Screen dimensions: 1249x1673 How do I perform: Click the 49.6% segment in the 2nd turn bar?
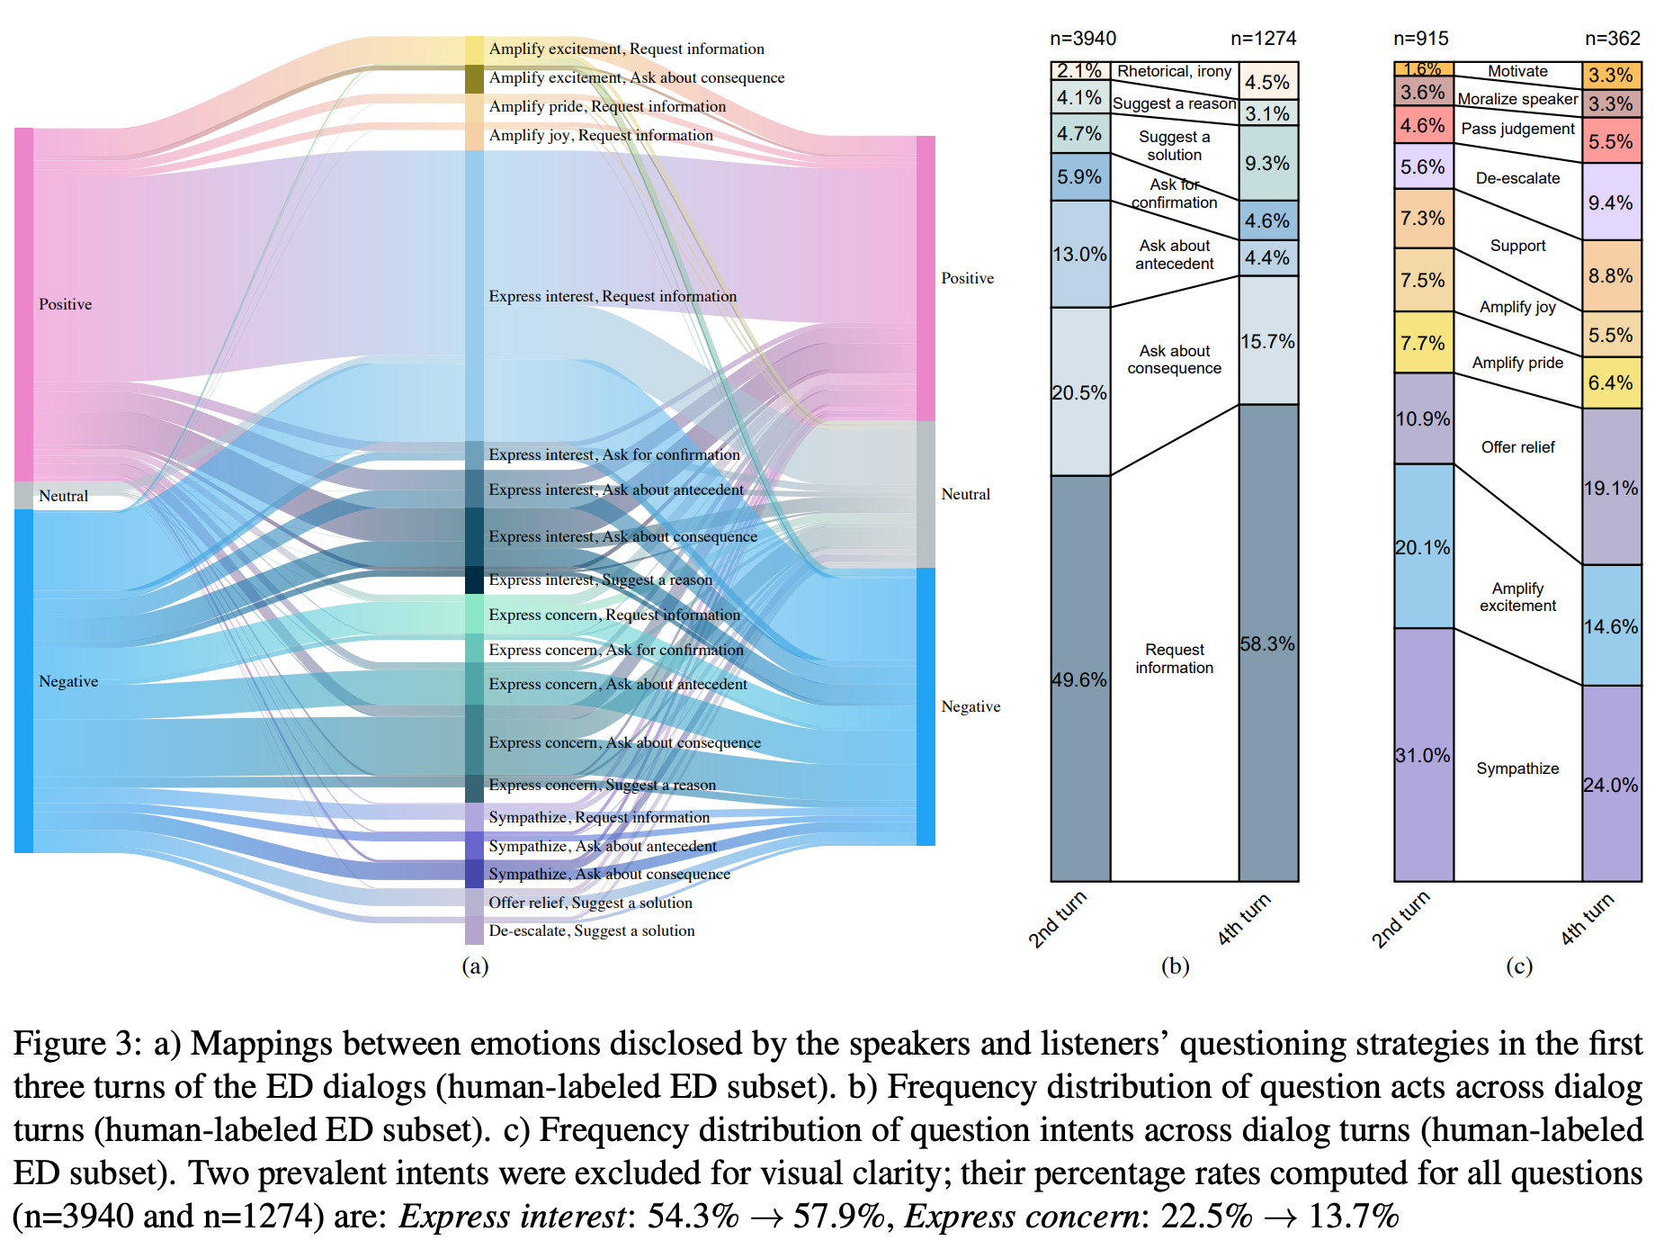pos(1080,679)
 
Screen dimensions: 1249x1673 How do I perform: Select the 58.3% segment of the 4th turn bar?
pos(1268,643)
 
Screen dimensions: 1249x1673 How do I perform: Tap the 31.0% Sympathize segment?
pos(1423,755)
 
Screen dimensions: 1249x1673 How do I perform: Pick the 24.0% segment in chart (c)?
pos(1611,785)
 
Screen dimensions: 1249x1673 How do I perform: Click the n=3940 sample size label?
pos(1083,39)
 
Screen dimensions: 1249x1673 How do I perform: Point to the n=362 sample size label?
pos(1612,39)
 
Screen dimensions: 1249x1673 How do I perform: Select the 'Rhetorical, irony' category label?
pos(1174,71)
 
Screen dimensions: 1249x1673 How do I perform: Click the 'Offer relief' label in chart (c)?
pos(1517,447)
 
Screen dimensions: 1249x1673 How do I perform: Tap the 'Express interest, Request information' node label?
pos(613,296)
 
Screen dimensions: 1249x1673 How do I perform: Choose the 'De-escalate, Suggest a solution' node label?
pos(592,930)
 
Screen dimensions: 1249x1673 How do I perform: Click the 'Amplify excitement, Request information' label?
pos(626,49)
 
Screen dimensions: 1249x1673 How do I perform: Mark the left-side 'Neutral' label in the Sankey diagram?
pos(63,496)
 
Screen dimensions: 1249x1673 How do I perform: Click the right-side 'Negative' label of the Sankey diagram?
pos(971,706)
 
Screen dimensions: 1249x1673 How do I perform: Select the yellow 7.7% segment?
pos(1423,343)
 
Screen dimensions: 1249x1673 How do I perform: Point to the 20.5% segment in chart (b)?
pos(1080,392)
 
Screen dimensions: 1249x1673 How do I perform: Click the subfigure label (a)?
pos(475,966)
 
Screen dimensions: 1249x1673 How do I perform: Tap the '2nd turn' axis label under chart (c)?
pos(1400,919)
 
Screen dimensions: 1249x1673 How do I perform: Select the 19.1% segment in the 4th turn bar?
pos(1611,488)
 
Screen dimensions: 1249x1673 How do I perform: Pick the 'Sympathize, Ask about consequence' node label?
pos(609,874)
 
